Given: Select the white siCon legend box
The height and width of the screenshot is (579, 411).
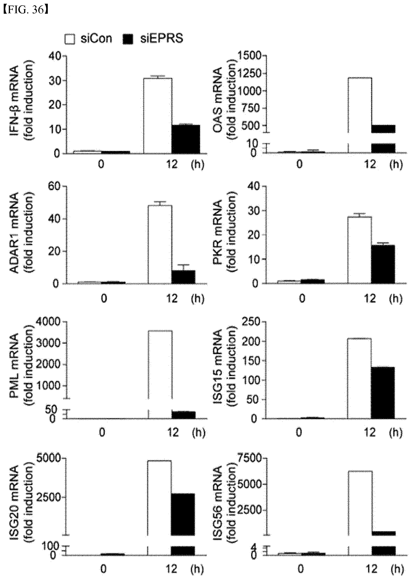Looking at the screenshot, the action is click(x=70, y=39).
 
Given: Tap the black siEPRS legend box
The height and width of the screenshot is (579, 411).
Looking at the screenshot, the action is click(x=128, y=39).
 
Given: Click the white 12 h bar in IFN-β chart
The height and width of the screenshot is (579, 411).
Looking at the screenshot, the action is click(x=158, y=116).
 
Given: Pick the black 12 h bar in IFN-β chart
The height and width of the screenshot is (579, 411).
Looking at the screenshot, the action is click(x=186, y=139).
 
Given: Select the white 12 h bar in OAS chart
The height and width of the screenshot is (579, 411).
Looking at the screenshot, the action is click(x=360, y=105).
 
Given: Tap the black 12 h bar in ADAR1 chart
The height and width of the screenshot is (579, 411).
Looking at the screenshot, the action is click(x=183, y=277).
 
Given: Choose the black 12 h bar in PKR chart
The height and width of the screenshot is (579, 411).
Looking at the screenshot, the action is click(x=383, y=264).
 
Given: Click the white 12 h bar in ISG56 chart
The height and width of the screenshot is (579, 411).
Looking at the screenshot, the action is click(x=360, y=503).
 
